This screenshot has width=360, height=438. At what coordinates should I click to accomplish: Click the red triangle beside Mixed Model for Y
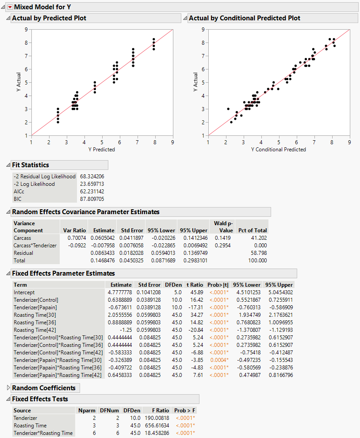10,7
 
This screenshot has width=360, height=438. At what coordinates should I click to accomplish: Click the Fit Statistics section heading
31,165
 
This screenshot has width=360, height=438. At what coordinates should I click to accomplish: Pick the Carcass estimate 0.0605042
101,238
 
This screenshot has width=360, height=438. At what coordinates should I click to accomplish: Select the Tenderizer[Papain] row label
36,307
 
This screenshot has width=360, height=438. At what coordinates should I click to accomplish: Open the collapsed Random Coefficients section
44,388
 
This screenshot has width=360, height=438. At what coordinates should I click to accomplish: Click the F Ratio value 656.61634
154,426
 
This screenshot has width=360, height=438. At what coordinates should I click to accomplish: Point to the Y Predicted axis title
101,150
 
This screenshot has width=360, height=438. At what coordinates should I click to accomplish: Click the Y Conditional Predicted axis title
278,150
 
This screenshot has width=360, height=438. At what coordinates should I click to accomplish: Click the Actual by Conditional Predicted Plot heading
244,18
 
